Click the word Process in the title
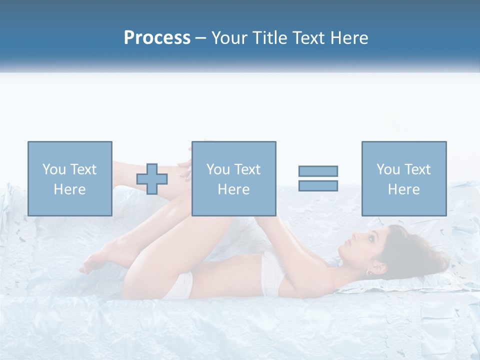point(157,38)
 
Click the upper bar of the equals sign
point(318,171)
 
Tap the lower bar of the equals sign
point(318,185)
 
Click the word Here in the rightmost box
point(403,189)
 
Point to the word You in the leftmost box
point(53,169)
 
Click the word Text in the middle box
point(247,169)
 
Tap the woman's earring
point(368,272)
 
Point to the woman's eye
point(372,239)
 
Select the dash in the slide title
point(200,38)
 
